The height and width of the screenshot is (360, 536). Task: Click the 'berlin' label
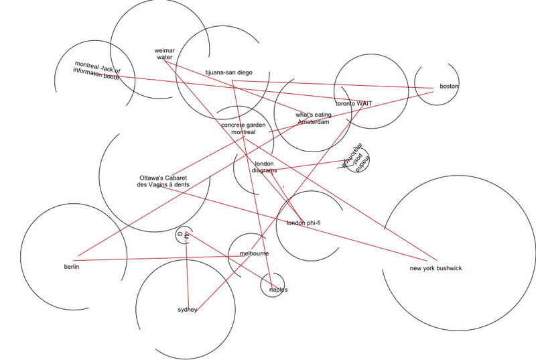pos(72,267)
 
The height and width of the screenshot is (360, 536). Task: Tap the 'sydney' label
pos(187,310)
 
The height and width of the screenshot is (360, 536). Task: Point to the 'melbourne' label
pos(255,253)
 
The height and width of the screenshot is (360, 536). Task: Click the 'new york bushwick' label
pos(435,269)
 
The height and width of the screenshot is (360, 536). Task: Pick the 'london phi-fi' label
pos(304,223)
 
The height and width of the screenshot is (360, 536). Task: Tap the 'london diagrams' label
pos(265,167)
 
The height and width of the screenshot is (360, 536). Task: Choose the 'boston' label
pos(450,86)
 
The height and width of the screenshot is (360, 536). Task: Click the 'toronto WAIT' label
pos(354,104)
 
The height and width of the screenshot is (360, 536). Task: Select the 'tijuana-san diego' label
pos(228,72)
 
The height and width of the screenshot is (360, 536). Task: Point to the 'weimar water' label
pos(165,54)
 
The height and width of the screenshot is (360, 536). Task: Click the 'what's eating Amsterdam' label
pos(313,119)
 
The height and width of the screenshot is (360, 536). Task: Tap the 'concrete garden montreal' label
pos(243,129)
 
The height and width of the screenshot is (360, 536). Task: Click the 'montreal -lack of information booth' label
pos(98,71)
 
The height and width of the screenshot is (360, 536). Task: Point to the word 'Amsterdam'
pos(313,123)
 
